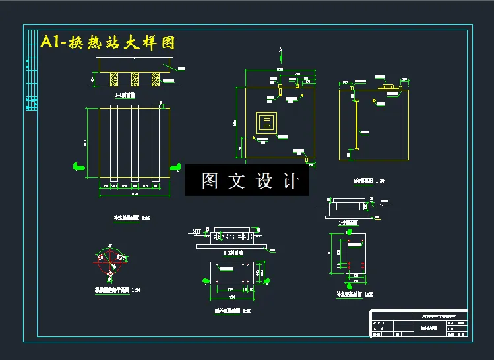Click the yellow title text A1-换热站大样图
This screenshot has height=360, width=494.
click(x=108, y=43)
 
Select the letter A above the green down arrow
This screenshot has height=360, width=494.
click(x=281, y=50)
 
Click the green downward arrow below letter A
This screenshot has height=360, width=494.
click(x=281, y=59)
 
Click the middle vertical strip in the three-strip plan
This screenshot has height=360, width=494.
click(x=135, y=142)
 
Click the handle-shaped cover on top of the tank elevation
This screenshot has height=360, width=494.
click(x=386, y=86)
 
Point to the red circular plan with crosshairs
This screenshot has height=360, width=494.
click(x=109, y=262)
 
